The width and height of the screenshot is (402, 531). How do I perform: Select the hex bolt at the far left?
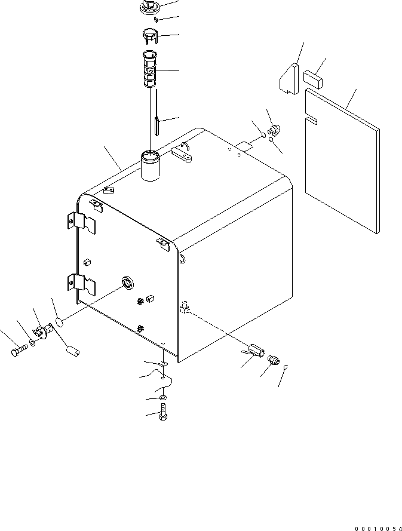click(x=17, y=351)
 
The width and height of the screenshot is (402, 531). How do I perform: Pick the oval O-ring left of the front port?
click(x=60, y=323)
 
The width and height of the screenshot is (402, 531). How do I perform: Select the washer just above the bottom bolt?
click(x=164, y=398)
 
